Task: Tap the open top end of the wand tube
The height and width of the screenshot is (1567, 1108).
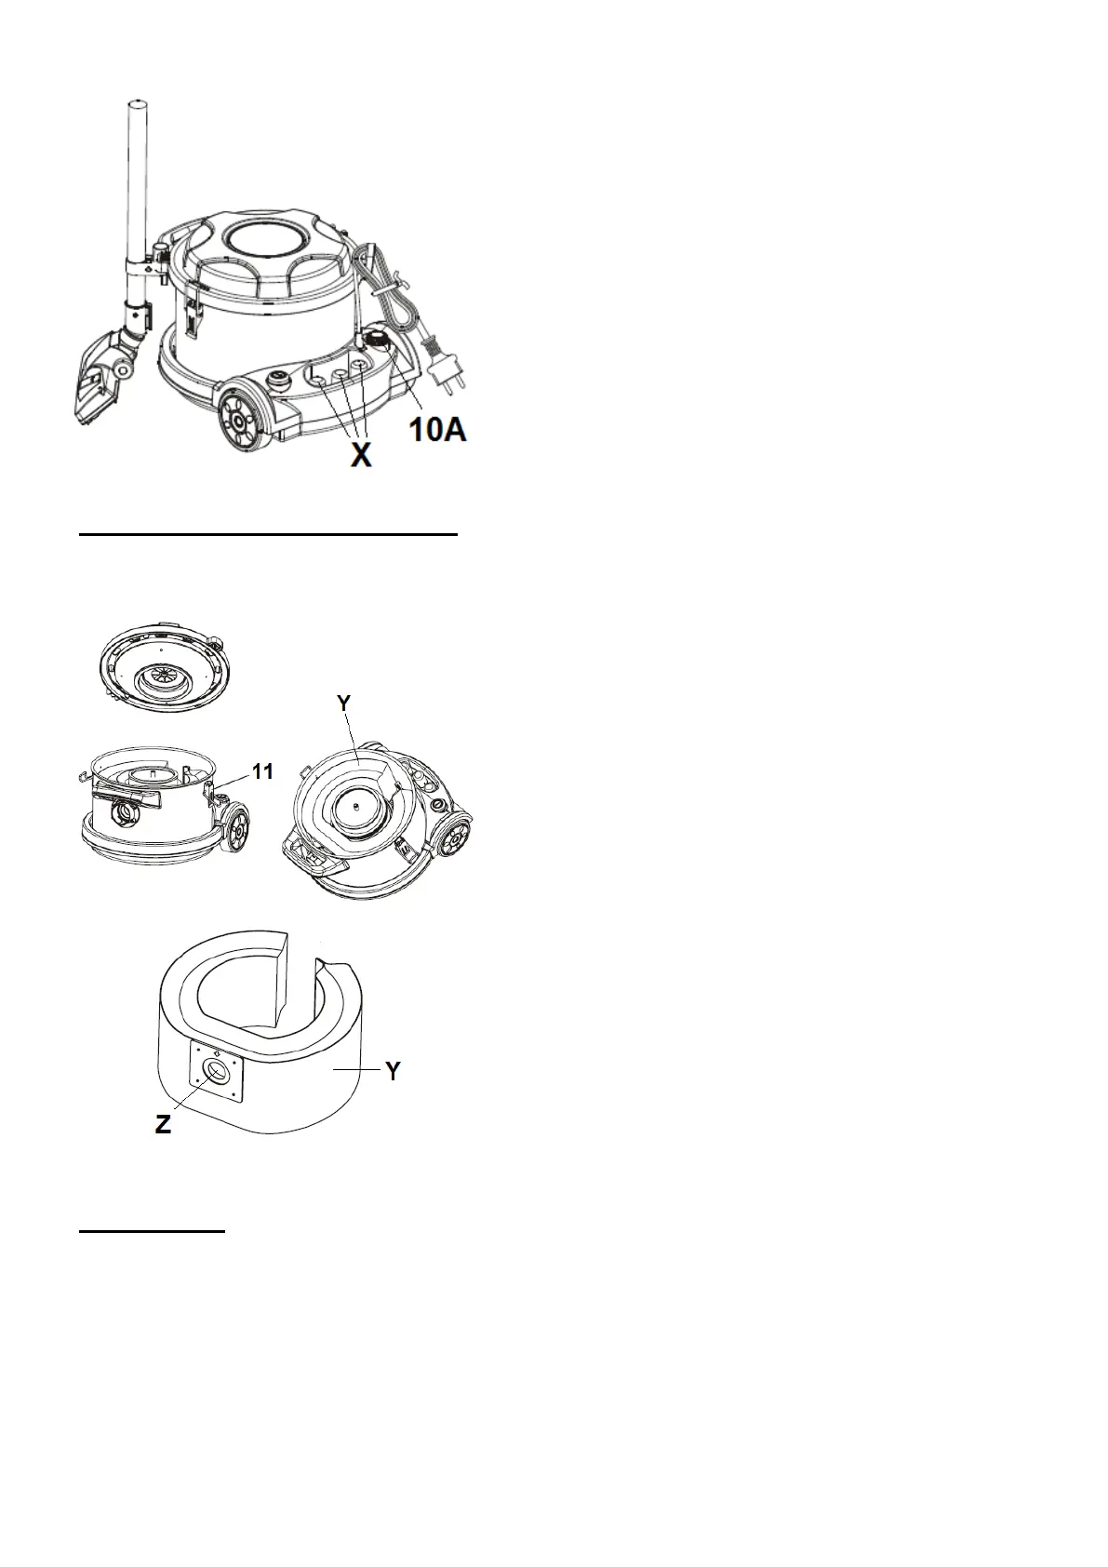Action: coord(134,100)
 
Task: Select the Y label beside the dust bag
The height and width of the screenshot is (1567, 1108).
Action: coord(394,1072)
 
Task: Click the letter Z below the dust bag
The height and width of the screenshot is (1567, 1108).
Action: coord(164,1124)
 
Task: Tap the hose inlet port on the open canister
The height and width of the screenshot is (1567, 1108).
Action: coord(123,814)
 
